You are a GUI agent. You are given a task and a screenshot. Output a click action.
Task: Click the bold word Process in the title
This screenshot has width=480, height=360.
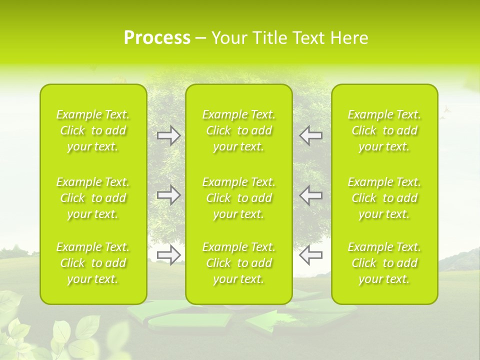157,38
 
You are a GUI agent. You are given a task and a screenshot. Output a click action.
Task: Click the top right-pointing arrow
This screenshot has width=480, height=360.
169,135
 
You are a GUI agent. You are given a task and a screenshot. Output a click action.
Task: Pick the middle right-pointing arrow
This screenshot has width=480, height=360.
169,194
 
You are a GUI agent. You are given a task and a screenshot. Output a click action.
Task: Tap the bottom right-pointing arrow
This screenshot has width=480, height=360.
169,254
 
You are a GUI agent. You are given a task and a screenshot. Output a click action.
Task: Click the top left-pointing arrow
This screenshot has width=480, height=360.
310,135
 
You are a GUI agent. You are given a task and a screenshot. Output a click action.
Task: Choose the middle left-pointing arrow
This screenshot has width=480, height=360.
310,194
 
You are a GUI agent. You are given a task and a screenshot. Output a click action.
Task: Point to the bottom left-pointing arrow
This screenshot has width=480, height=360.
310,254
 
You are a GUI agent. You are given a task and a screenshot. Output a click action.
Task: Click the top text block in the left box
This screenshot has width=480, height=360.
93,130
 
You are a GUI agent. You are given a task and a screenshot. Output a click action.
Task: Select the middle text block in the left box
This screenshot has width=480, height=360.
93,198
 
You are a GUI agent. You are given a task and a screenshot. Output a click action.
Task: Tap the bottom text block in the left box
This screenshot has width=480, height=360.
93,263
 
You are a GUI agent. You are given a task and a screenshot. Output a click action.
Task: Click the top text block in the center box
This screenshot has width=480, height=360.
239,130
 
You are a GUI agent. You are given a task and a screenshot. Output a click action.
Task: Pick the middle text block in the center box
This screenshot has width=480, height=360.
239,198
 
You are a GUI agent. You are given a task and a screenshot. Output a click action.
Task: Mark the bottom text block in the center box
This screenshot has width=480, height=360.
239,263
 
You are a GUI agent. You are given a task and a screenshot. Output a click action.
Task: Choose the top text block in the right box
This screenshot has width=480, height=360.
384,130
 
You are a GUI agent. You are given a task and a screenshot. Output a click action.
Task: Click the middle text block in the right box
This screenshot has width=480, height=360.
384,198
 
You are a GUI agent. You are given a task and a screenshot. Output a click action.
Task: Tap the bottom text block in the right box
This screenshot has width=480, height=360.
384,263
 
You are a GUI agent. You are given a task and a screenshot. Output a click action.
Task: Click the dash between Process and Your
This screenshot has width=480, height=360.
201,38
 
